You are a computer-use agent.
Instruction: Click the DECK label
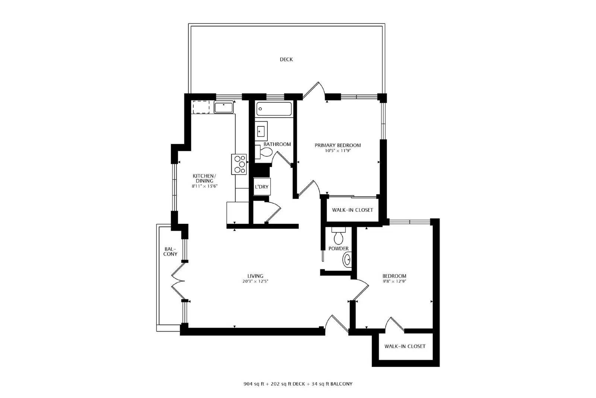(286, 59)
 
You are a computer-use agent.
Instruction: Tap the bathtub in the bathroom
(274, 109)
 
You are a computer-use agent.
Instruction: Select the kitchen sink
(223, 107)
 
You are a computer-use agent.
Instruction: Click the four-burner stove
(239, 164)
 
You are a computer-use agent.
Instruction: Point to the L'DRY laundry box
(262, 187)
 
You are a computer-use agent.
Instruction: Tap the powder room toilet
(339, 236)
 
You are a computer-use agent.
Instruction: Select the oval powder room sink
(347, 260)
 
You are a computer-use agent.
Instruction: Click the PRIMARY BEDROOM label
(337, 145)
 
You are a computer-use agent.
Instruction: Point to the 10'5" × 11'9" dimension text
(337, 151)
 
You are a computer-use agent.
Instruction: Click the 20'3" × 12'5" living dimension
(255, 281)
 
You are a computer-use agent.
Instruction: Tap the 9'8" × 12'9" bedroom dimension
(394, 281)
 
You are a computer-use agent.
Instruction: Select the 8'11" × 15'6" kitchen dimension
(205, 186)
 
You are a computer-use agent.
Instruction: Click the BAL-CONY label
(170, 251)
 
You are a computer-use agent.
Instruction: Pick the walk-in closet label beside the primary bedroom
(352, 210)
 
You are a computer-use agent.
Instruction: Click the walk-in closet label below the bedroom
(405, 346)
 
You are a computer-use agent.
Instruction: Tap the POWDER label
(339, 248)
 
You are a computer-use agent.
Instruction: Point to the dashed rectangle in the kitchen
(201, 107)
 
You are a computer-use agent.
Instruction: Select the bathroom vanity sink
(261, 131)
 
